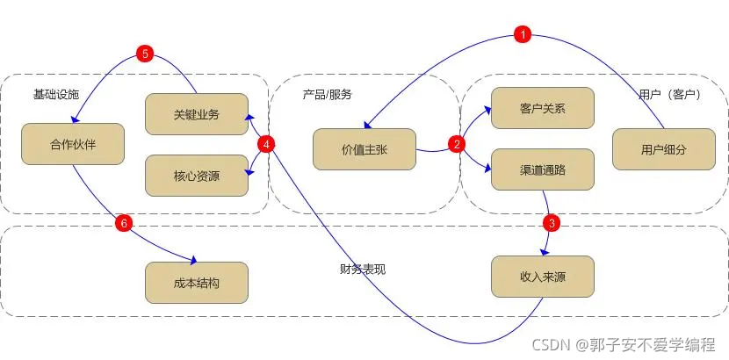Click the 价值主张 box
pyautogui.click(x=364, y=150)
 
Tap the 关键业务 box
pyautogui.click(x=196, y=113)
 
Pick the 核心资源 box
pyautogui.click(x=196, y=176)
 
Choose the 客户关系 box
pyautogui.click(x=542, y=109)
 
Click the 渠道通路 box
pyautogui.click(x=542, y=169)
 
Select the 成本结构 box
pyautogui.click(x=196, y=283)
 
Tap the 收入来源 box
pyautogui.click(x=542, y=277)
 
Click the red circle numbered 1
pyautogui.click(x=523, y=35)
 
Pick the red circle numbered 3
pyautogui.click(x=551, y=222)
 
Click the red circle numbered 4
pyautogui.click(x=269, y=144)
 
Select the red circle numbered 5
pyautogui.click(x=146, y=54)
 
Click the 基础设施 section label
pyautogui.click(x=56, y=94)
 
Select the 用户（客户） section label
pyautogui.click(x=669, y=94)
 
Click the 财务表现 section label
pyautogui.click(x=362, y=268)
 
